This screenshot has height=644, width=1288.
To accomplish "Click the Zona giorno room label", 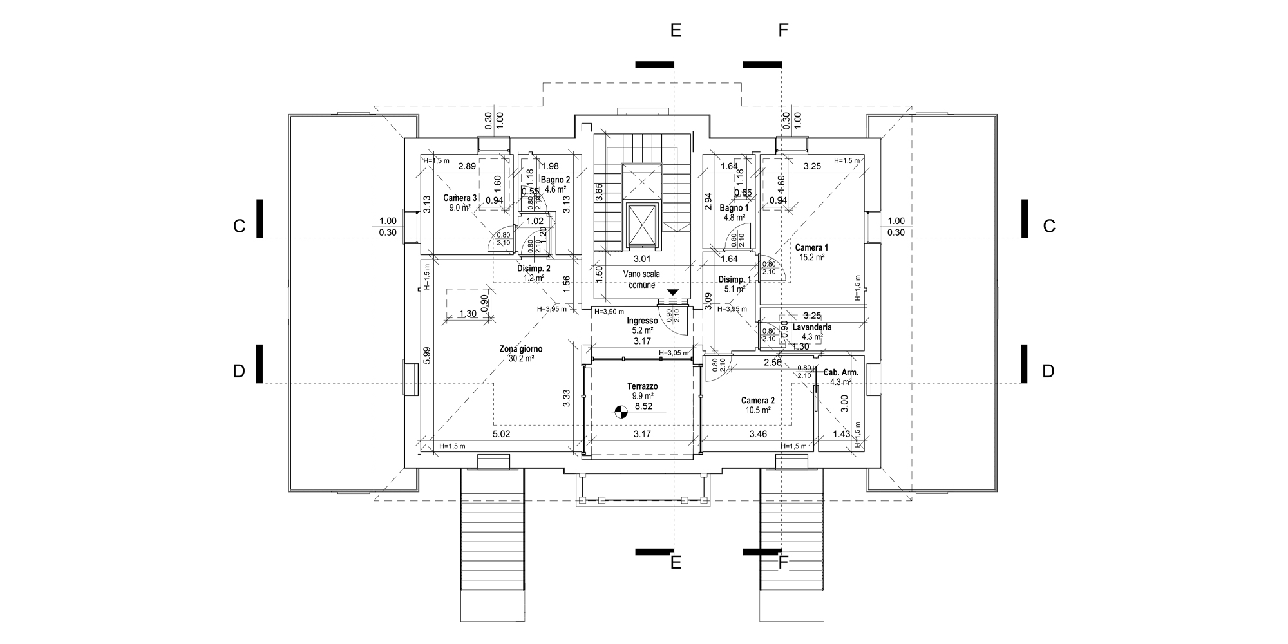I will click(x=520, y=349).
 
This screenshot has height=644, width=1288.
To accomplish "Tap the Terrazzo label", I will click(x=642, y=386).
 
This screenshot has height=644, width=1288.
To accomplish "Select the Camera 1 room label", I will click(x=811, y=247).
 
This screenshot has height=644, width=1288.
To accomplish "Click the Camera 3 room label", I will click(x=460, y=198).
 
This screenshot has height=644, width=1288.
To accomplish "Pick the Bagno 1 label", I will click(x=734, y=208).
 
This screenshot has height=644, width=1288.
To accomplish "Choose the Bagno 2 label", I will click(x=555, y=180).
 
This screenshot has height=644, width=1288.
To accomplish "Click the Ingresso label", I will click(x=642, y=321).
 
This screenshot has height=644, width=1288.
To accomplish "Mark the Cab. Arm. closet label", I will click(x=841, y=372).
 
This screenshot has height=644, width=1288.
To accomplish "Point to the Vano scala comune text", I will click(x=641, y=279).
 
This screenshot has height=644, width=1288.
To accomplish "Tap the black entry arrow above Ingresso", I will click(x=673, y=293).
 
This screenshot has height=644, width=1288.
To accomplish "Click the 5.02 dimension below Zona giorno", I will click(x=501, y=434).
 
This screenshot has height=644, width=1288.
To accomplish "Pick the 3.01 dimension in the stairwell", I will click(x=642, y=260).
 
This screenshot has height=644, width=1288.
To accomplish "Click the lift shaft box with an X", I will click(x=643, y=225).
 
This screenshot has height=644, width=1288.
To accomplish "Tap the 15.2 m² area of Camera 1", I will click(x=812, y=257).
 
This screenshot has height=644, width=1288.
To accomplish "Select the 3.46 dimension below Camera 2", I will click(x=758, y=434).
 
